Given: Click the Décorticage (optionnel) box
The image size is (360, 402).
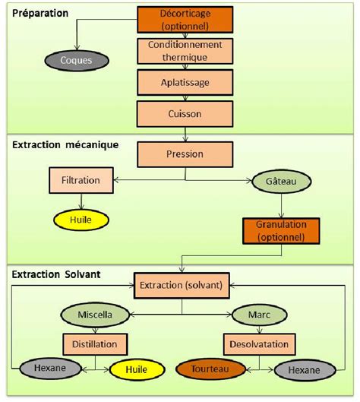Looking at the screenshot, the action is [185, 20].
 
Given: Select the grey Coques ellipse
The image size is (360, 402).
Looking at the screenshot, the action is [77, 61].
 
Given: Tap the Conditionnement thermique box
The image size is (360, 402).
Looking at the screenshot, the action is [185, 51].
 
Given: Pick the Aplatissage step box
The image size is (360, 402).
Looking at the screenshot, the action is [185, 83].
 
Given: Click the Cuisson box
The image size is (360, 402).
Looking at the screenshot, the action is [185, 114].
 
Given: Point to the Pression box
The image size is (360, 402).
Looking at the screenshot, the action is [185, 154].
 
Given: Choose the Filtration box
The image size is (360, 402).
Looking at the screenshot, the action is [81, 180].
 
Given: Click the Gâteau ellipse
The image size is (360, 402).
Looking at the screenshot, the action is [282, 182].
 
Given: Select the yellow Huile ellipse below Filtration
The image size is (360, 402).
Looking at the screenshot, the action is [81, 220].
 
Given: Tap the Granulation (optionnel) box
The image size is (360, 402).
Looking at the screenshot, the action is [281, 231].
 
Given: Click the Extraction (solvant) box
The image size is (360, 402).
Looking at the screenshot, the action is [182, 286].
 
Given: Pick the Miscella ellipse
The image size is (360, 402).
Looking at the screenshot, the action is [95, 315].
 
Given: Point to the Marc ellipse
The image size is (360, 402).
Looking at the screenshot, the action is [259, 315].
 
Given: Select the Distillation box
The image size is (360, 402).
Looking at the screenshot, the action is [95, 344].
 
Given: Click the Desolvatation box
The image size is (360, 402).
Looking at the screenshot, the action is [259, 344].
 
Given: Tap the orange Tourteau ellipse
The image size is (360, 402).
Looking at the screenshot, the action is [210, 369].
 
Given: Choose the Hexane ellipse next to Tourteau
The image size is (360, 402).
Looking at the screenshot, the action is [305, 370].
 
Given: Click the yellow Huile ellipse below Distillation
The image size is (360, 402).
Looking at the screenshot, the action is [137, 369].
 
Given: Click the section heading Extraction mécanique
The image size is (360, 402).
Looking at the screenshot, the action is [65, 145].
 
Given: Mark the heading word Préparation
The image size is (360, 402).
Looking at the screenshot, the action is [40, 14].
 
